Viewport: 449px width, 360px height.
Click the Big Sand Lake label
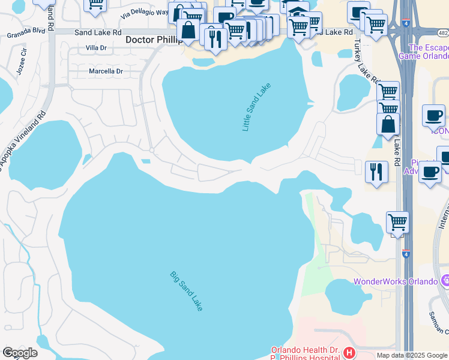tap(187, 291)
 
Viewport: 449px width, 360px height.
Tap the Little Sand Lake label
tap(256, 107)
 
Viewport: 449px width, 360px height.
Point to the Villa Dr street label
tap(96, 47)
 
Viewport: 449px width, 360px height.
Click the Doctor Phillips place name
tap(152, 40)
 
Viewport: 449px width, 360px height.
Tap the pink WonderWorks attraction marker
tap(444, 280)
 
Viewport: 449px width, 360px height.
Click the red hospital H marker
tap(348, 353)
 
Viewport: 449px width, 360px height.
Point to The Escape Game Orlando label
tap(429, 53)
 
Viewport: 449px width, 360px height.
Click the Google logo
tap(20, 353)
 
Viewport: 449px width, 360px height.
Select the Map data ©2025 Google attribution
tap(411, 355)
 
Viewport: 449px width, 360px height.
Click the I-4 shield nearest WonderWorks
tap(406, 254)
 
